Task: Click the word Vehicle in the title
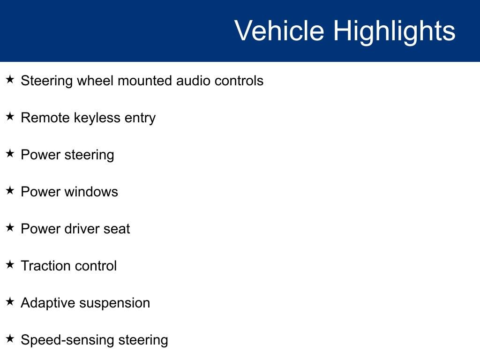[x=279, y=30]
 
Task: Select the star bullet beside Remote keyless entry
[x=10, y=116]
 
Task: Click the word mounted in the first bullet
[x=145, y=81]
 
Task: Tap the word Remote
[x=45, y=118]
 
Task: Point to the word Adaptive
[x=48, y=303]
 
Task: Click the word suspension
[x=115, y=304]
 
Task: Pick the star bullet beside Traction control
[x=10, y=264]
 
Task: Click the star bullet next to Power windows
[x=10, y=190]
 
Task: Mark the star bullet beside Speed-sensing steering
[x=10, y=338]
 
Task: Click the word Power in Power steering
[x=41, y=155]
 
